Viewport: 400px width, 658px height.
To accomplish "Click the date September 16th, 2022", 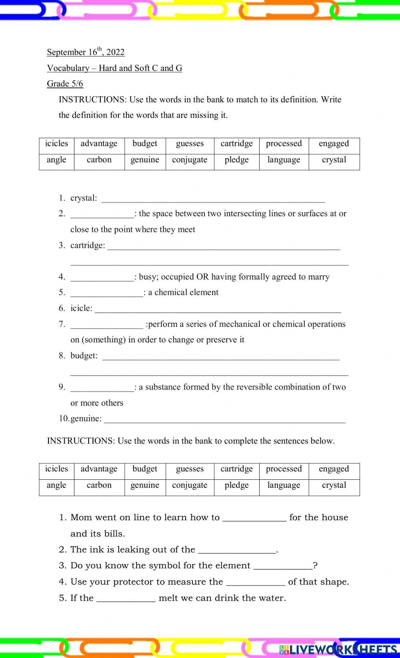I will point(86,52).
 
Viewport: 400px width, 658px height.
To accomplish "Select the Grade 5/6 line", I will point(65,84).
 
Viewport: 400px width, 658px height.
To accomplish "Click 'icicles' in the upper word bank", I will point(56,144).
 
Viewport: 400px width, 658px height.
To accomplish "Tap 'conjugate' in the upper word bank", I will point(190,160).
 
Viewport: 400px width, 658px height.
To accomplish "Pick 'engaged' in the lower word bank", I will point(334,469).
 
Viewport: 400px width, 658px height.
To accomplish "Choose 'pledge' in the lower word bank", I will point(236,485).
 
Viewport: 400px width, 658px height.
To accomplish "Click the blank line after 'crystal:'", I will point(213,199).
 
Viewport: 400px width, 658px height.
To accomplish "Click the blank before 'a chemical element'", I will point(106,294).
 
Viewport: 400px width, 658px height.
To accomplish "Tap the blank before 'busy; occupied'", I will point(102,278).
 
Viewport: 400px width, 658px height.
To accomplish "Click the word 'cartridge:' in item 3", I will point(88,245).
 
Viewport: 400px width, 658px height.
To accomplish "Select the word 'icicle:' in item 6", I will point(81,308).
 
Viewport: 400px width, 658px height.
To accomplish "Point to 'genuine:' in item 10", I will point(86,419).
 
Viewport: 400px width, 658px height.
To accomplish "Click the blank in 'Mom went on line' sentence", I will point(254,519).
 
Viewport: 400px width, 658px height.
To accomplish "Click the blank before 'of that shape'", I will point(255,583).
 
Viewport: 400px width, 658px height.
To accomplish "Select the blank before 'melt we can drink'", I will point(126,599).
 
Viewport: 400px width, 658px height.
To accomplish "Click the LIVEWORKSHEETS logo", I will point(338,649).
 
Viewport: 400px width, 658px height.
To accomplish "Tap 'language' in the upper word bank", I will point(284,160).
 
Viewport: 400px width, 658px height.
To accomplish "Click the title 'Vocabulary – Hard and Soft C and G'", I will point(114,68).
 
